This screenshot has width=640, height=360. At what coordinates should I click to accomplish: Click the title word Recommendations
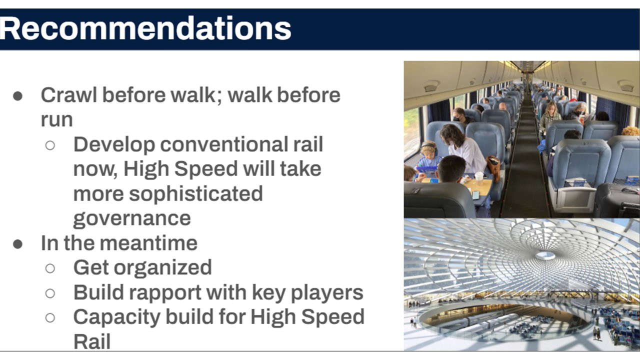click(x=144, y=28)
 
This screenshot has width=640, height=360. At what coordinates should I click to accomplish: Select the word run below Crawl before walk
click(x=56, y=119)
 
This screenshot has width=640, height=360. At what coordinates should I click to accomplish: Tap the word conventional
click(x=224, y=144)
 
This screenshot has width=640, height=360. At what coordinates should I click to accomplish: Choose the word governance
click(x=132, y=218)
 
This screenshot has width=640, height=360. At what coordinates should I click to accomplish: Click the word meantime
click(x=148, y=243)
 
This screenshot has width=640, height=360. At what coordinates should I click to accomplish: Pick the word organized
click(x=163, y=268)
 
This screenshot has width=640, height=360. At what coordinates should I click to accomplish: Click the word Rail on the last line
click(x=92, y=342)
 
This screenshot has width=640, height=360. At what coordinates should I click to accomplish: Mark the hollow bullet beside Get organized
click(x=50, y=268)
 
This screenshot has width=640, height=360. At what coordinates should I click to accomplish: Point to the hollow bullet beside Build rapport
click(x=50, y=293)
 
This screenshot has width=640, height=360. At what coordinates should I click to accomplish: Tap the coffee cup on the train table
click(x=479, y=178)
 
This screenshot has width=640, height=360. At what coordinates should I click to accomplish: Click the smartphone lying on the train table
click(x=475, y=195)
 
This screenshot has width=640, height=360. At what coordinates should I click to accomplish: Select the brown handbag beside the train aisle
click(x=493, y=168)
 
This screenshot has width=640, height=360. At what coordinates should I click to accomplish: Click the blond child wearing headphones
click(x=428, y=155)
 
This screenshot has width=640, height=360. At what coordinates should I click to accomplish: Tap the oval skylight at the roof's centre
click(x=545, y=255)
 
